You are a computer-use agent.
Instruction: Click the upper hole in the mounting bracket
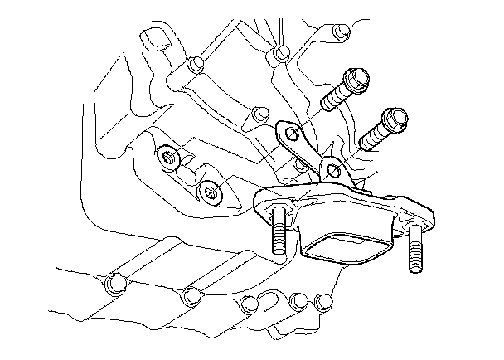288,131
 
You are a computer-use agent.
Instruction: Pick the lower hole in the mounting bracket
332,171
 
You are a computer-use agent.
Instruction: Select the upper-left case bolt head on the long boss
195,65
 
